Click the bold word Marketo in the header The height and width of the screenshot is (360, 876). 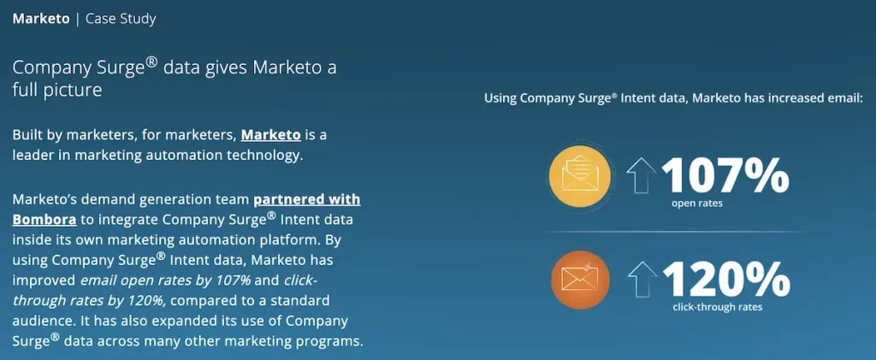coord(41,19)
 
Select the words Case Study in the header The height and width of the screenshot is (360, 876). coord(121,19)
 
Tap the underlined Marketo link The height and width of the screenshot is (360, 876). coord(271,135)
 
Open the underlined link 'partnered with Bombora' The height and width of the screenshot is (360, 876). coord(186,210)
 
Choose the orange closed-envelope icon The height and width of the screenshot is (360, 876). coord(580,280)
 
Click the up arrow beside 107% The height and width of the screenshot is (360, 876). coord(641,174)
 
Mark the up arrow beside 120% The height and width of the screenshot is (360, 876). coord(642,279)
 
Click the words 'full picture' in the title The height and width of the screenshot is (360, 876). coord(57,90)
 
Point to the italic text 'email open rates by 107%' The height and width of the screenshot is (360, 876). coord(166,280)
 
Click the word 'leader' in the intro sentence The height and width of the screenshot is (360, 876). coord(34,155)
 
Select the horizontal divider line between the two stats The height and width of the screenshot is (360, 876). coord(674,231)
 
